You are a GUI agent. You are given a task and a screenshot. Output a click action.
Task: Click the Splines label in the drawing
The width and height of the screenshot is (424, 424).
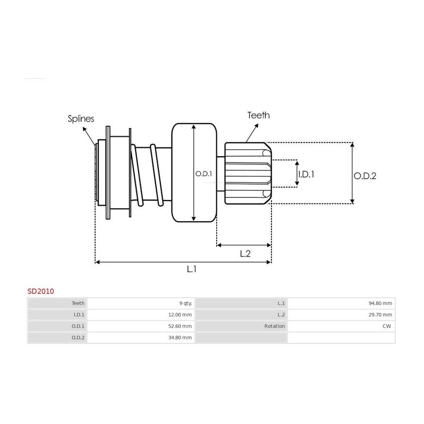point(81,119)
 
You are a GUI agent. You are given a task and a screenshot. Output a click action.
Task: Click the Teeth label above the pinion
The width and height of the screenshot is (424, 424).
point(259,115)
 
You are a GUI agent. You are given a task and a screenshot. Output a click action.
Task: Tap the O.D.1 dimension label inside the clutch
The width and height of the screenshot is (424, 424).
point(204,173)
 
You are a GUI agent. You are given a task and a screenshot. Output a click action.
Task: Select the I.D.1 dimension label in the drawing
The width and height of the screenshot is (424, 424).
point(306,174)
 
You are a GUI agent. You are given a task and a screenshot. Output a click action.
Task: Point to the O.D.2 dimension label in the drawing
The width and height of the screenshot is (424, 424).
point(365,176)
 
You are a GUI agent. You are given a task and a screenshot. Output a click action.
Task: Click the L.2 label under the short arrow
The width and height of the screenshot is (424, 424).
point(245,253)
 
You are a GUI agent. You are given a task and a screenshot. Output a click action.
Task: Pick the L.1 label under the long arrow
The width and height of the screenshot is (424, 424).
point(192,269)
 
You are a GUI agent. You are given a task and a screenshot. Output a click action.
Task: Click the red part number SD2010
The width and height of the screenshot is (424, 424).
point(41,291)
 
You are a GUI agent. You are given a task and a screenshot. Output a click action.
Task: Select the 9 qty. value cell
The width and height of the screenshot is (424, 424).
point(186,303)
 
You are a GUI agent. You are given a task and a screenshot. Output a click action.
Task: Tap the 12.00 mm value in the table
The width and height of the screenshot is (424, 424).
point(180,315)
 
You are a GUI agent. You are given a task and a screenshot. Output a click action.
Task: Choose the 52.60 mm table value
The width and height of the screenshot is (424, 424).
point(180,326)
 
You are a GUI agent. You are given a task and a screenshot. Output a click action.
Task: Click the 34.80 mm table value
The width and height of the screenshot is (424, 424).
point(180,337)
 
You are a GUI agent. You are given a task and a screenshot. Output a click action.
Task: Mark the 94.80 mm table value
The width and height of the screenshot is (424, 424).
point(380,303)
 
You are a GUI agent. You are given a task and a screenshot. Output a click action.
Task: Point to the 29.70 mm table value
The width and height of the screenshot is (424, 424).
point(380,315)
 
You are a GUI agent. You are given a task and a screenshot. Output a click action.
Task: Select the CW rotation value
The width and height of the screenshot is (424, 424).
point(387,326)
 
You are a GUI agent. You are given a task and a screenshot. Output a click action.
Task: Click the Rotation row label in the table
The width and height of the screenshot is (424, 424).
point(275,326)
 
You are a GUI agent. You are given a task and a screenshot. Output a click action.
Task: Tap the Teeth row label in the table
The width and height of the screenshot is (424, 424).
point(78,303)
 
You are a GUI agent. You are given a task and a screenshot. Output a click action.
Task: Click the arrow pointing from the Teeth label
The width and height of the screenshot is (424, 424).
point(252,133)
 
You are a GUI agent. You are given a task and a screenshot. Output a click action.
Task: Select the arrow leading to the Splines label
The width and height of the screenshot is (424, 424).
point(89,137)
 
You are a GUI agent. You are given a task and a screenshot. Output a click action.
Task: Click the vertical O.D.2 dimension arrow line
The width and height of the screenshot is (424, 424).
point(352,173)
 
